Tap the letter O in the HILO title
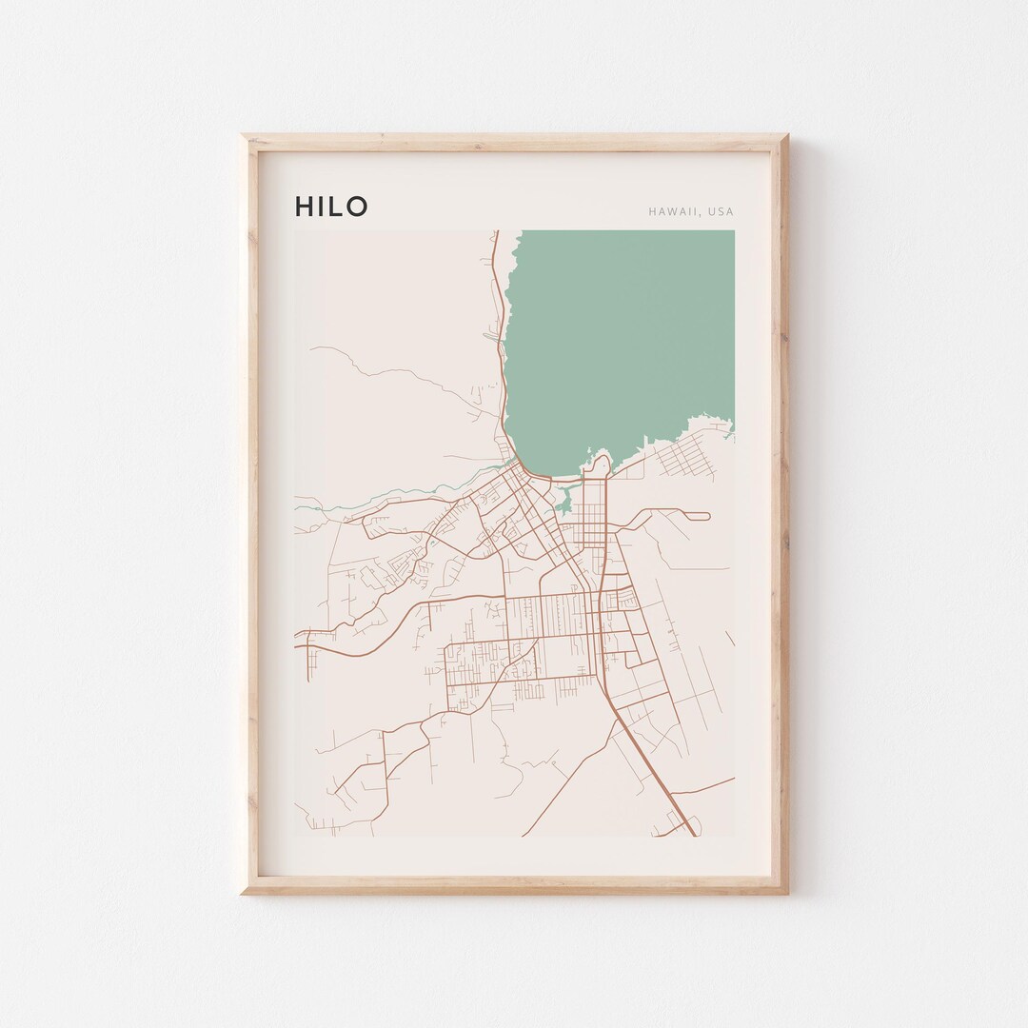click(x=356, y=207)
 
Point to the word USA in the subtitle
click(x=722, y=211)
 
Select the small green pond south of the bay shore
click(x=564, y=497)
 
